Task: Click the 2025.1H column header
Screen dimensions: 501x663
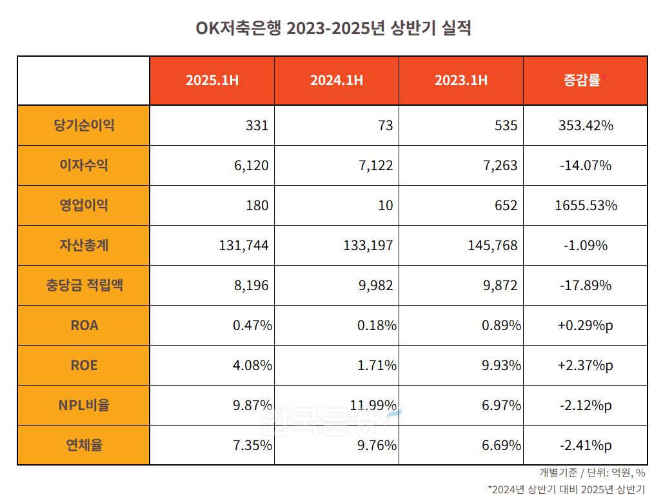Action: point(212,81)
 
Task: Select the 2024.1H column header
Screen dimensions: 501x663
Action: point(336,81)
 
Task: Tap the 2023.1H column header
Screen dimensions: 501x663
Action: point(460,81)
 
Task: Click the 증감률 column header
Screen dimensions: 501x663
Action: point(582,81)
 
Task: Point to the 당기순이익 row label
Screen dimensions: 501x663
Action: point(84,125)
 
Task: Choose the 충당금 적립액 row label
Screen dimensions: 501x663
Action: point(84,285)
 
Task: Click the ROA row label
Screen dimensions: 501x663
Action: point(84,325)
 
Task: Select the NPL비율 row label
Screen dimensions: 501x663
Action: point(84,405)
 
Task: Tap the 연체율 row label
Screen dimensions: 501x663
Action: point(84,445)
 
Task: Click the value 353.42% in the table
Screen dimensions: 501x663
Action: point(585,125)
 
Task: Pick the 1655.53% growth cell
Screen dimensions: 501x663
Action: point(585,205)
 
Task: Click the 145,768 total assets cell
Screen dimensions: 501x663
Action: point(492,245)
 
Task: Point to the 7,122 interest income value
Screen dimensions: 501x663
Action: point(373,165)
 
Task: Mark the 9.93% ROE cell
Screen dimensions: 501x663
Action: point(501,365)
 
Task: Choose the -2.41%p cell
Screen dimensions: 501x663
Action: point(585,445)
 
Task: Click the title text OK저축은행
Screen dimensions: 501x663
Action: point(238,29)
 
